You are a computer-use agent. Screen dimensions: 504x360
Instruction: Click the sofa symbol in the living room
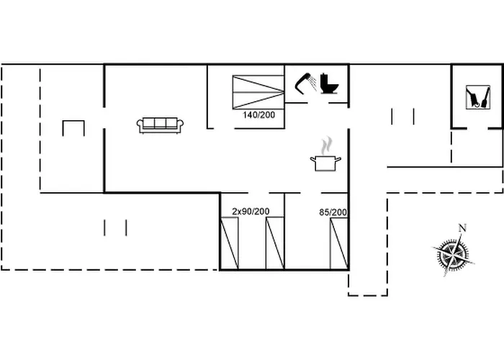(160, 125)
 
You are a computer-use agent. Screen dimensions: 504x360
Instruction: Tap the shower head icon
(305, 84)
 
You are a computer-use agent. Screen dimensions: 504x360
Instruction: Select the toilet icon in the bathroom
(330, 84)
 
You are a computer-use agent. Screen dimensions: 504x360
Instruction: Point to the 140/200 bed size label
(258, 115)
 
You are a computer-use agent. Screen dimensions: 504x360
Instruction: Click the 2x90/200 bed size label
(251, 212)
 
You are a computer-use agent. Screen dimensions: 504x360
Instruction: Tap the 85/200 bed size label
(333, 212)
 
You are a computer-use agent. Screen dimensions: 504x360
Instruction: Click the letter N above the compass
(462, 228)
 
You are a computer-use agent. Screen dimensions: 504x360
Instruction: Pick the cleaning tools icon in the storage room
(478, 97)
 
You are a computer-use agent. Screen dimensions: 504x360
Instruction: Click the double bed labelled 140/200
(258, 92)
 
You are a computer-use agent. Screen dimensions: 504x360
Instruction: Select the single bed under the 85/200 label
(339, 243)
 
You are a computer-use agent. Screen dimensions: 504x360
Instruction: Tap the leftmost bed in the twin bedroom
(229, 243)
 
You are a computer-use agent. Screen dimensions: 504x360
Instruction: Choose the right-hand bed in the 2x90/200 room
(275, 243)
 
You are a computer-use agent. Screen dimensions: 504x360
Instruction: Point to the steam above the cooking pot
(327, 145)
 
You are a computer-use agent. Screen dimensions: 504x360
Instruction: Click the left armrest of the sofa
(140, 125)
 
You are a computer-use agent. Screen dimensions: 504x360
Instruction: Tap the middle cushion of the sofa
(160, 123)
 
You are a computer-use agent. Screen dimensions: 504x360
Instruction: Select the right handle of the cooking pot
(338, 159)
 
